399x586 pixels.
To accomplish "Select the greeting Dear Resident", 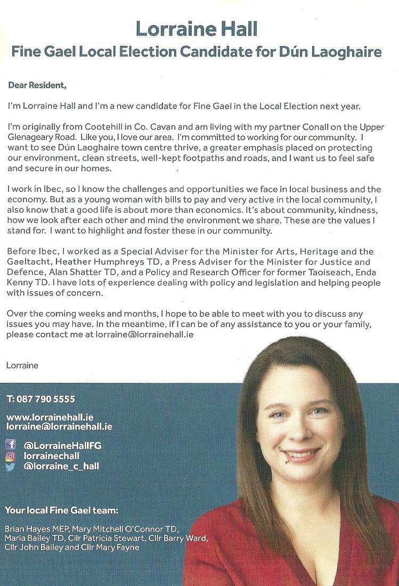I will coord(37,85).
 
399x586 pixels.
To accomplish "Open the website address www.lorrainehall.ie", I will coord(50,418).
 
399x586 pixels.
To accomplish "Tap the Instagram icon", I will coord(11,456).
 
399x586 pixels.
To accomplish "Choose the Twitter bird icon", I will coord(11,467).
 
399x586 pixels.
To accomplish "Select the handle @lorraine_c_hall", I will coord(61,467).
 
